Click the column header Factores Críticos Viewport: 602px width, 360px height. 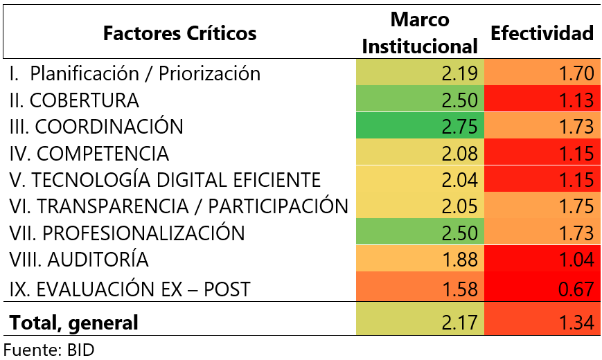(179, 33)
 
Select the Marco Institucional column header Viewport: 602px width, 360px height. (420, 33)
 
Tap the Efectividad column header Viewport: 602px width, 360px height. (542, 33)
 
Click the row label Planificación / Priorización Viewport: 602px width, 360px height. (135, 73)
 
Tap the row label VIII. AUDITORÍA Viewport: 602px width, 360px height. (79, 260)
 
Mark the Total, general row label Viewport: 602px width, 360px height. (74, 322)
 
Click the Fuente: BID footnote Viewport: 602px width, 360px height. (48, 349)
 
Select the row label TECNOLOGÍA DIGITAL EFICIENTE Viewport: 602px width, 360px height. (165, 180)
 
